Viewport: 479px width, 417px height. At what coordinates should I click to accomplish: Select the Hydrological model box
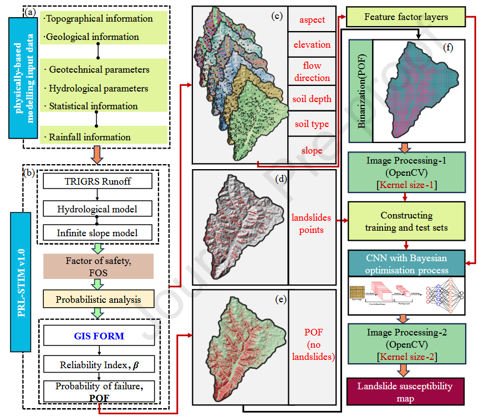pyautogui.click(x=97, y=208)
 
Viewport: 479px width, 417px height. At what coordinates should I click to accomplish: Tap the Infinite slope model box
pyautogui.click(x=97, y=232)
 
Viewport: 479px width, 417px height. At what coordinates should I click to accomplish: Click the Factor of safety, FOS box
pyautogui.click(x=97, y=266)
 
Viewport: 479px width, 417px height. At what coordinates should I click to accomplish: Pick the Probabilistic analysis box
pyautogui.click(x=98, y=299)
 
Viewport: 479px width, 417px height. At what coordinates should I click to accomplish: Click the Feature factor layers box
pyautogui.click(x=406, y=17)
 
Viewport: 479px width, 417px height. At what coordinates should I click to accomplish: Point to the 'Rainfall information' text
pyautogui.click(x=88, y=137)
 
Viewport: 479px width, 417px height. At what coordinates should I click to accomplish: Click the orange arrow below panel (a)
pyautogui.click(x=97, y=155)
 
